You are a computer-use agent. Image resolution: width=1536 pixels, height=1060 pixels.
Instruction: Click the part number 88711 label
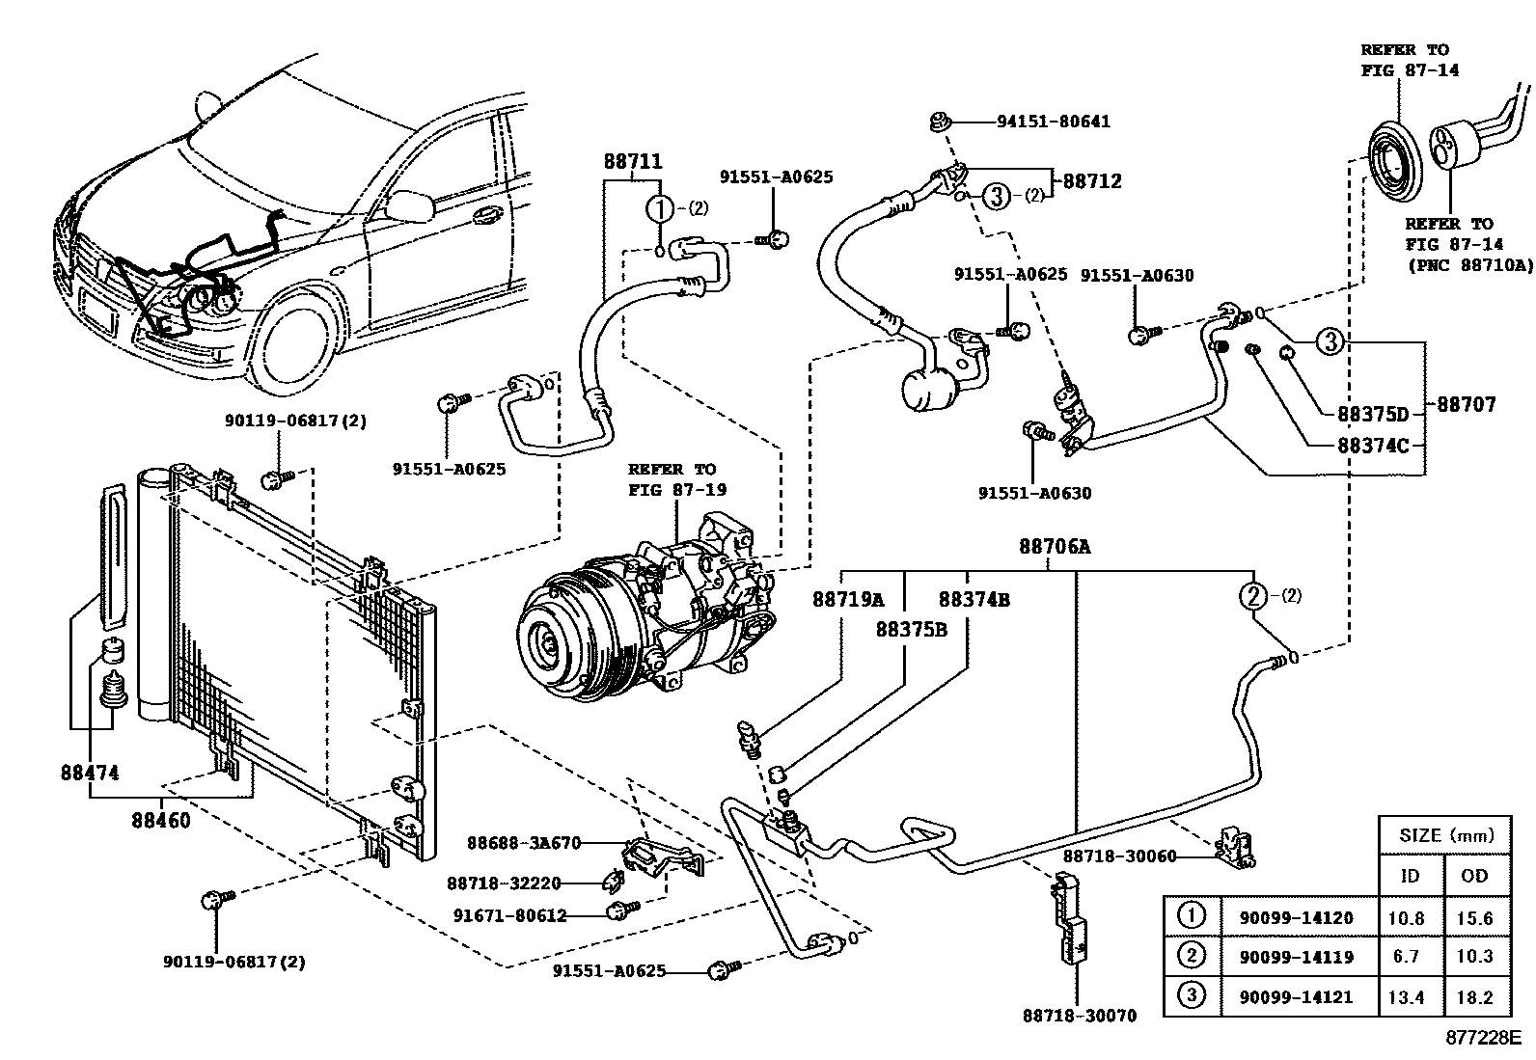tap(633, 162)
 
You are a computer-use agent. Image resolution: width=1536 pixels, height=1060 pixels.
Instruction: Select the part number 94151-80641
tap(1053, 122)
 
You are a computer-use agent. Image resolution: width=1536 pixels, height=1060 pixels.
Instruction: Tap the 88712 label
tap(1092, 181)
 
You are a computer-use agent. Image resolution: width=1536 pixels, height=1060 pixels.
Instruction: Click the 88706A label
tap(1055, 547)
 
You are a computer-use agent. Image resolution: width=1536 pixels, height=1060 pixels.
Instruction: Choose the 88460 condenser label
tap(161, 822)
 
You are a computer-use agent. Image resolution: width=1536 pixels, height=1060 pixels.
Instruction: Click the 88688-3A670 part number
tap(524, 843)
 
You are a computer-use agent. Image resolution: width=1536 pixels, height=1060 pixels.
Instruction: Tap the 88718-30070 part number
tap(1079, 1015)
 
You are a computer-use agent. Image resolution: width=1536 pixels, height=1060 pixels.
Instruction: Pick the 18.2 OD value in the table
tap(1474, 997)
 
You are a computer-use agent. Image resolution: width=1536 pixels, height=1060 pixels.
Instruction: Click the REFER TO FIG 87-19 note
tap(672, 479)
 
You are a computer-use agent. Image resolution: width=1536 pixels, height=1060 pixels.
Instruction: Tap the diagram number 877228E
tap(1482, 1039)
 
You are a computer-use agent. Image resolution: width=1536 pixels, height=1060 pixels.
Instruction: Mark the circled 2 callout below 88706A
tap(1252, 596)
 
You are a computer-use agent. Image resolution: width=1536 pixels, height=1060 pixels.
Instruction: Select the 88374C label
tap(1374, 447)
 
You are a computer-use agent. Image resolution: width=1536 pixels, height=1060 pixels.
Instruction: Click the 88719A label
tap(847, 599)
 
